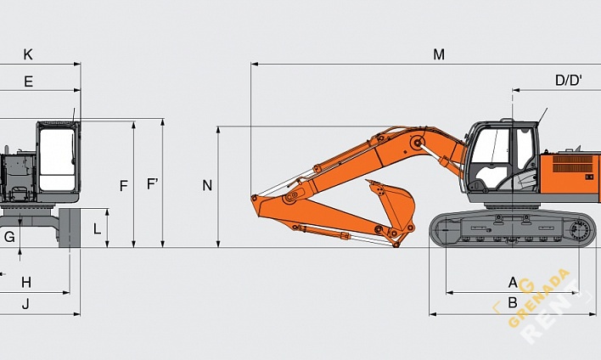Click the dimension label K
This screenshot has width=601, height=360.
[x=28, y=54]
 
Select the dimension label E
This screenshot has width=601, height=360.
[x=28, y=82]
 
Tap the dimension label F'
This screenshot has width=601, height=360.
[x=152, y=183]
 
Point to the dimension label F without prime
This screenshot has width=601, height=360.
[x=124, y=185]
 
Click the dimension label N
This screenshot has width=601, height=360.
[x=207, y=185]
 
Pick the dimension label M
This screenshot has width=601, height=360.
[x=439, y=54]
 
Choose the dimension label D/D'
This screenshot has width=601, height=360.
[x=569, y=81]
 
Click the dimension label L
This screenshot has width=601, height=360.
[x=97, y=228]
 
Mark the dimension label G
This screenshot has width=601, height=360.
[x=9, y=237]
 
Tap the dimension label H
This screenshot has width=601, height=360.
[x=25, y=282]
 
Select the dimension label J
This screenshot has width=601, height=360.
[x=25, y=303]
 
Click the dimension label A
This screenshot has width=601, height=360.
[x=513, y=282]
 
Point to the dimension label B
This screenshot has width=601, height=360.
[x=513, y=302]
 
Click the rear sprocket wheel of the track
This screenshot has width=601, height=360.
[x=581, y=229]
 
